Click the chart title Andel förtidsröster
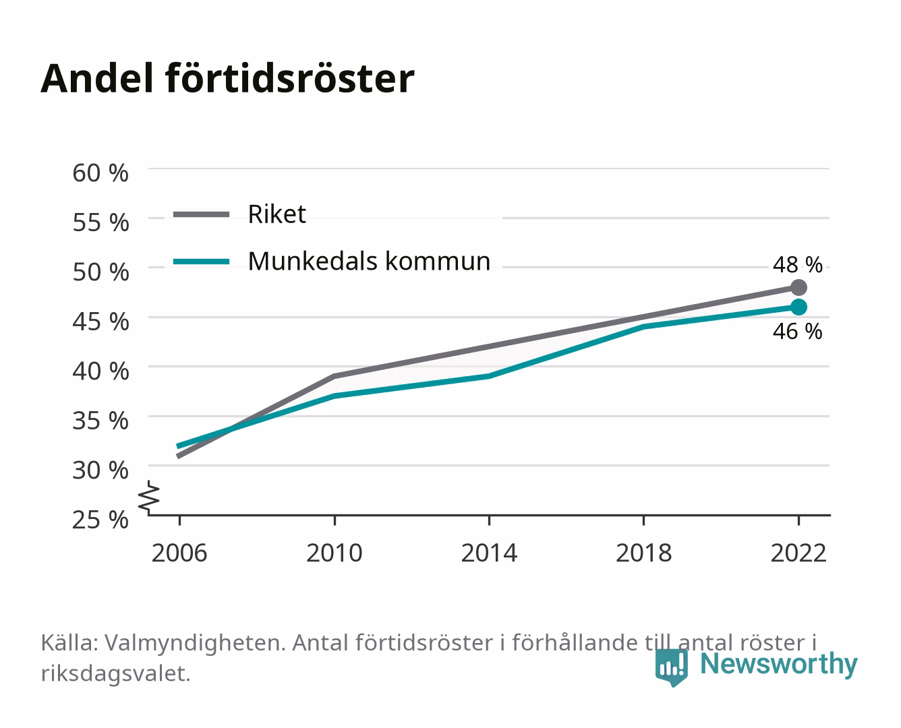(x=227, y=79)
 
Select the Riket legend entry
(x=239, y=214)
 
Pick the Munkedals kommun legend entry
(x=332, y=262)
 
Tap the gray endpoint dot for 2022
(x=798, y=287)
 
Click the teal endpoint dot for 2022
(x=798, y=307)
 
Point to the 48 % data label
(x=797, y=265)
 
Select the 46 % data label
(x=797, y=332)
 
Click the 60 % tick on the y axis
(x=100, y=173)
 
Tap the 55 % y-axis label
(x=100, y=222)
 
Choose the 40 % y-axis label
(x=100, y=371)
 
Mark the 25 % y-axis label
(x=100, y=520)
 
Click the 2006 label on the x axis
(x=179, y=553)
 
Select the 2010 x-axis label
(x=335, y=553)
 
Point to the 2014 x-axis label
(x=489, y=553)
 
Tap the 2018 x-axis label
(x=644, y=553)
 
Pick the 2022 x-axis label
(x=798, y=553)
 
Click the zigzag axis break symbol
(x=149, y=497)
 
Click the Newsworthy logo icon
(x=671, y=667)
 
